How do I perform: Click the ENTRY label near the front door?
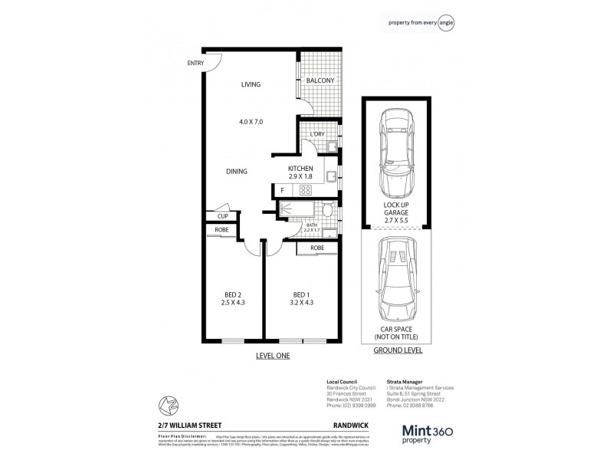click(x=195, y=64)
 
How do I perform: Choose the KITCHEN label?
click(x=300, y=169)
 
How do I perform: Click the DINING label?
click(x=238, y=172)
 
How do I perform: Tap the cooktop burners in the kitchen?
click(x=304, y=189)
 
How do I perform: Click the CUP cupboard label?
click(x=222, y=216)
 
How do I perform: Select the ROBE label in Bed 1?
click(x=317, y=248)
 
